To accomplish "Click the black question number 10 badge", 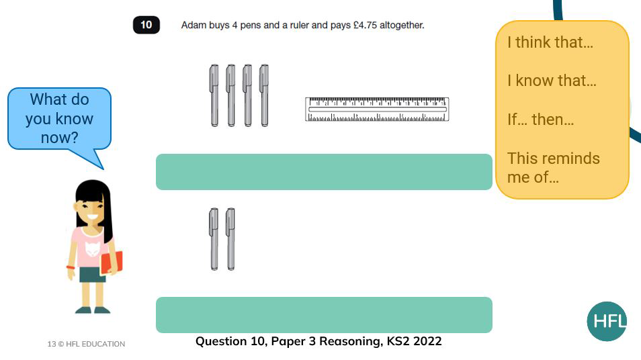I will pyautogui.click(x=146, y=26).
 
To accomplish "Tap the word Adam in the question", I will pyautogui.click(x=193, y=26).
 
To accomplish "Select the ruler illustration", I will pyautogui.click(x=377, y=109).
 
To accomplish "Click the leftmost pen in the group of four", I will pyautogui.click(x=214, y=95).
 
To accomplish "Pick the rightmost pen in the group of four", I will pyautogui.click(x=264, y=95).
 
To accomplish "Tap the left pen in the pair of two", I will pyautogui.click(x=214, y=239).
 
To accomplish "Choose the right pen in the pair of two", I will pyautogui.click(x=230, y=239).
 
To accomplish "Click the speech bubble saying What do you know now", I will pyautogui.click(x=59, y=119).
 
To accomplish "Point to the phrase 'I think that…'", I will pyautogui.click(x=550, y=42).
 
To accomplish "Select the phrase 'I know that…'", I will pyautogui.click(x=551, y=81).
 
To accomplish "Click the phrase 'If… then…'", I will pyautogui.click(x=540, y=120).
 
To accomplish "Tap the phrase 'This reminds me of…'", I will pyautogui.click(x=553, y=168).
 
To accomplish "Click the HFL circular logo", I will pyautogui.click(x=607, y=321).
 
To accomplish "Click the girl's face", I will pyautogui.click(x=90, y=210).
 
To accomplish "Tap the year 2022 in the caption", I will pyautogui.click(x=427, y=341).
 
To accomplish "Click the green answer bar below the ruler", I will pyautogui.click(x=324, y=172).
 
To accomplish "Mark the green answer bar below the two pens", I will pyautogui.click(x=324, y=315).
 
